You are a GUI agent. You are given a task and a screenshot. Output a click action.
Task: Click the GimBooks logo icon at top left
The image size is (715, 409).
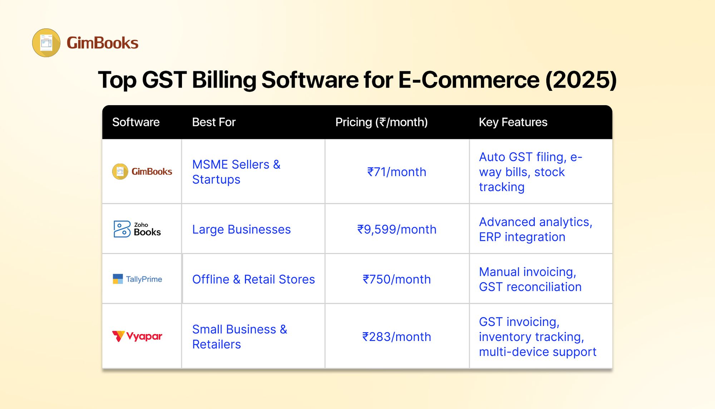click(46, 43)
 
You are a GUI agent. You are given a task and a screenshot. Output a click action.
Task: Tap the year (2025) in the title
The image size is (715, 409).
click(581, 80)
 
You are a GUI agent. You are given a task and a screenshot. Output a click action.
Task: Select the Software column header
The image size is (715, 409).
click(136, 122)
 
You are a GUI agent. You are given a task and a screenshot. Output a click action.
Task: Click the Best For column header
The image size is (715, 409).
click(214, 122)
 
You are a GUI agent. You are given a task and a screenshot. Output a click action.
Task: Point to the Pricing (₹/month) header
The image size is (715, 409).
click(381, 122)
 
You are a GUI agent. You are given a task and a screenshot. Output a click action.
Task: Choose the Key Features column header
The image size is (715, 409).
click(513, 122)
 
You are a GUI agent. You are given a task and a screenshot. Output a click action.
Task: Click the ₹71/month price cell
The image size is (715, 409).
click(397, 172)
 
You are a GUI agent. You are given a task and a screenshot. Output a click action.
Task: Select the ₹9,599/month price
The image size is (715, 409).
click(397, 229)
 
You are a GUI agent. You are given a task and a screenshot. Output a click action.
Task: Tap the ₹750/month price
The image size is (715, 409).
click(397, 279)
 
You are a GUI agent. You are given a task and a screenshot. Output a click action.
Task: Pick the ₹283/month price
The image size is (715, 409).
click(397, 337)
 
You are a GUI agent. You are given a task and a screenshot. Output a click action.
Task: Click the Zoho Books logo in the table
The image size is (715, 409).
click(137, 229)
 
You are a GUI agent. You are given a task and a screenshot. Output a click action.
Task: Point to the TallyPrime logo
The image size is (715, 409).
click(137, 279)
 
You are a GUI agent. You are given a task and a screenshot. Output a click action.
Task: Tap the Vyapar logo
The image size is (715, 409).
click(137, 336)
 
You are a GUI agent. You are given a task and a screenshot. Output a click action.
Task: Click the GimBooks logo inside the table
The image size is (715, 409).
click(142, 172)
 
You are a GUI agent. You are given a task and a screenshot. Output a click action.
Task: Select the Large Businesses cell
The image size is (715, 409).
click(242, 229)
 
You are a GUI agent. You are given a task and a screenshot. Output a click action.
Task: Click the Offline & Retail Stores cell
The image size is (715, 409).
click(253, 279)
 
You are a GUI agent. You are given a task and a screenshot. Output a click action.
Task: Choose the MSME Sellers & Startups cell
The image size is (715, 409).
click(236, 172)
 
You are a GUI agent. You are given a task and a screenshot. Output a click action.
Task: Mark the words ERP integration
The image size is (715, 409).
click(522, 237)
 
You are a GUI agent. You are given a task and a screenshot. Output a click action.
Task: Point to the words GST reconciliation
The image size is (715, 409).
click(530, 287)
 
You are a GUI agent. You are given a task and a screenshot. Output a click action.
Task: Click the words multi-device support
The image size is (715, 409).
click(538, 352)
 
